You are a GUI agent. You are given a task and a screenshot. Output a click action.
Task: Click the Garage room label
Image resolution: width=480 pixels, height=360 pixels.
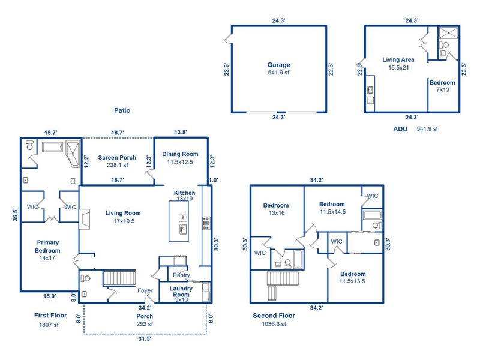coord(278,65)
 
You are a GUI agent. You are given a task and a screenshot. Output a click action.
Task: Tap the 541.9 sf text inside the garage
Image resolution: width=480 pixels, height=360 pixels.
coord(278,73)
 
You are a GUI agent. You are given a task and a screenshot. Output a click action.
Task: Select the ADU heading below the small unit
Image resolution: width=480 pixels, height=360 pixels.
coord(400,128)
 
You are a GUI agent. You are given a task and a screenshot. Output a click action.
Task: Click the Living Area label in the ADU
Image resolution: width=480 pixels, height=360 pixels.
coord(398,59)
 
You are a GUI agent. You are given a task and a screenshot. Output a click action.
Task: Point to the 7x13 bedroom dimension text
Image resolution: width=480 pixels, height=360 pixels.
coord(443,90)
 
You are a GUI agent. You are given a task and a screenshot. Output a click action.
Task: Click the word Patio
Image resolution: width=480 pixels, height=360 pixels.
coord(122,110)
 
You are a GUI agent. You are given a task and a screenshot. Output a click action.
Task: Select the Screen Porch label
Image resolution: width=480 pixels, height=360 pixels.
coord(117,158)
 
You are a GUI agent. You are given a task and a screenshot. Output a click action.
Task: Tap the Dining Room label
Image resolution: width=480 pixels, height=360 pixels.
coord(180,154)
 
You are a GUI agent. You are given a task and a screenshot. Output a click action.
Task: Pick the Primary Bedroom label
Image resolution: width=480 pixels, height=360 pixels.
coord(47,247)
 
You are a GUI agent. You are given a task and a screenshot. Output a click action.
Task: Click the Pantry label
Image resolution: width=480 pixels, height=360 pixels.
coord(181,275)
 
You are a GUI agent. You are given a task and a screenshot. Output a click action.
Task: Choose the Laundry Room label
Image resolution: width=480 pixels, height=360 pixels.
coord(181,292)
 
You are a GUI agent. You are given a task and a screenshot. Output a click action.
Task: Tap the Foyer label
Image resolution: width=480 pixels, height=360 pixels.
coord(145,291)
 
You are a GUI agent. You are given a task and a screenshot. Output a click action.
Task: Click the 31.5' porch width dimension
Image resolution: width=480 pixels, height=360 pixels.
coord(145,339)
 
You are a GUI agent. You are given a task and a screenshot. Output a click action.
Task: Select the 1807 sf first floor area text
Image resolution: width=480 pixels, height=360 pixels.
coord(49,325)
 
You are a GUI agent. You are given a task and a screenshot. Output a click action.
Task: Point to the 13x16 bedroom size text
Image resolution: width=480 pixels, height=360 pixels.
coord(276,213)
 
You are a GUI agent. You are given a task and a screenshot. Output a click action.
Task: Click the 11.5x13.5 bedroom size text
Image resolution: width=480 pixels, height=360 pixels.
coord(353,281)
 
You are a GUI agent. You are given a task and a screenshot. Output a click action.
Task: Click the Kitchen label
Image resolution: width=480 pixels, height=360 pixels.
coord(184,193)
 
